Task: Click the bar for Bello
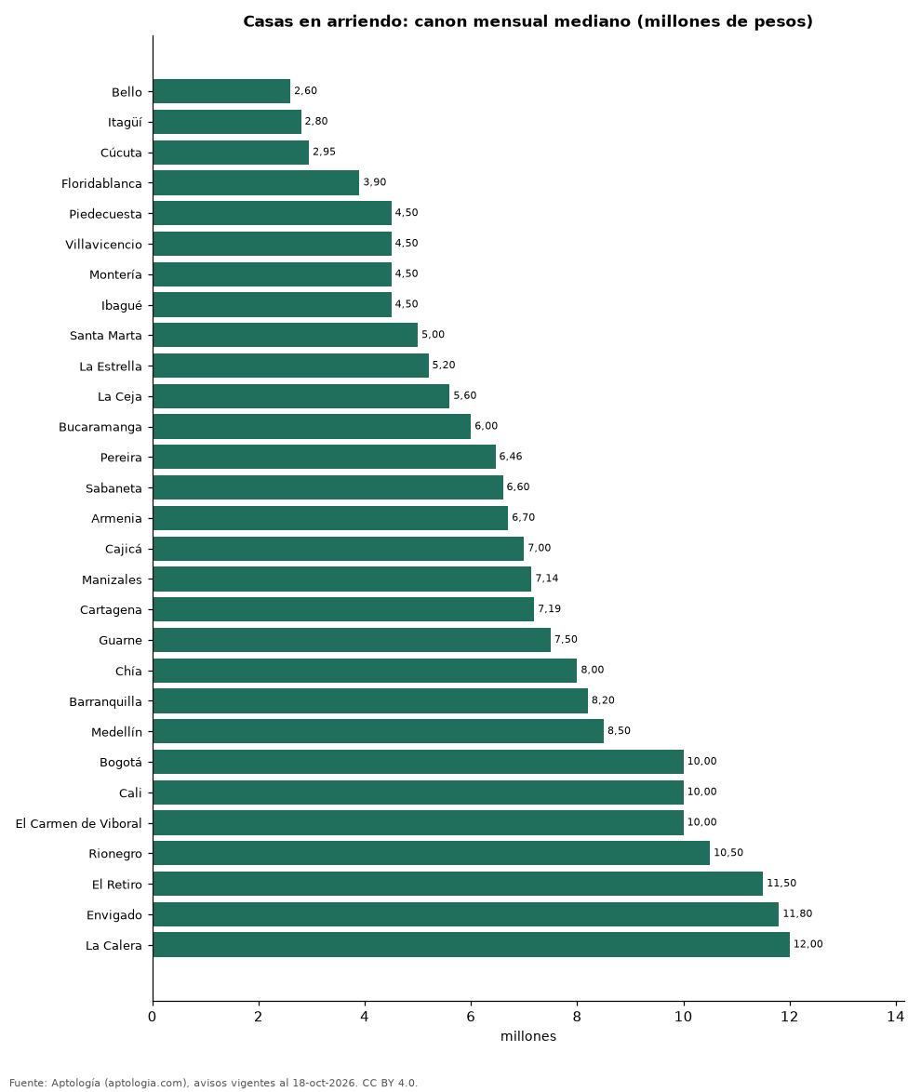click(221, 91)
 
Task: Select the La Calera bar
click(471, 944)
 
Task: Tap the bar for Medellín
click(379, 731)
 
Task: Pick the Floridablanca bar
click(256, 182)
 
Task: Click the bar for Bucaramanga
click(312, 426)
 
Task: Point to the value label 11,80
click(797, 913)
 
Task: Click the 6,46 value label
click(511, 456)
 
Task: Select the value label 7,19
click(549, 608)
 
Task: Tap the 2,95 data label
click(324, 151)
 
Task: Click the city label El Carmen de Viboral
click(79, 823)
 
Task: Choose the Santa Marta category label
click(106, 335)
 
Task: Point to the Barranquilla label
click(105, 701)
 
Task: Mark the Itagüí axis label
click(125, 123)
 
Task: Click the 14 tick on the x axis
click(895, 1017)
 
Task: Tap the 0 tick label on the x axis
click(153, 1017)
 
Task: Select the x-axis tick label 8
click(577, 1017)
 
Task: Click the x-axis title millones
click(528, 1036)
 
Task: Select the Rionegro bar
click(432, 853)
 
